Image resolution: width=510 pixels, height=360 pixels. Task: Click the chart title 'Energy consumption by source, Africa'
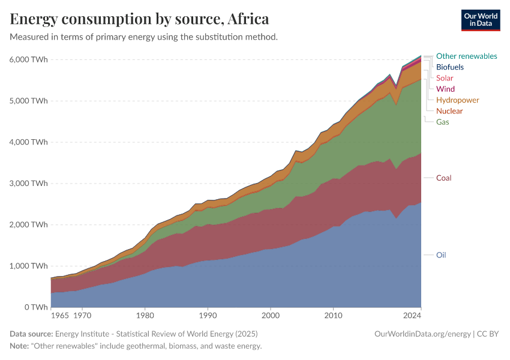[x=139, y=19]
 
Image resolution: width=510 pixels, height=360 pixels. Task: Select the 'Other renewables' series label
[x=466, y=56]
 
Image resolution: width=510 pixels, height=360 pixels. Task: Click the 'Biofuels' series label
[x=449, y=67]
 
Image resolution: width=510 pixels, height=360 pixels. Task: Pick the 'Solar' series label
[x=445, y=78]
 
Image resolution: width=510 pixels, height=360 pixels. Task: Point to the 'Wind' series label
[x=445, y=89]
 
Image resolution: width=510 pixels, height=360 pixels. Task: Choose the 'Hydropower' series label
[x=457, y=100]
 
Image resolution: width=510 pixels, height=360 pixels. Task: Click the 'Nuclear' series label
[x=449, y=111]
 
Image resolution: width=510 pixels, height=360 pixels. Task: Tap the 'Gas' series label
[x=442, y=122]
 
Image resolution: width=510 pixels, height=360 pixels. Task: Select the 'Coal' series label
[x=443, y=178]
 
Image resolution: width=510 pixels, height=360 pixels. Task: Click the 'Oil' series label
[x=441, y=255]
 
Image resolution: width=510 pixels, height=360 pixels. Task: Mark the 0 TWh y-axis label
[x=34, y=307]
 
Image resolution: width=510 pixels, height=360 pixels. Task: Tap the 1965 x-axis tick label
[x=59, y=314]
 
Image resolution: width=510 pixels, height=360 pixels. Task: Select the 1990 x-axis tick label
[x=208, y=314]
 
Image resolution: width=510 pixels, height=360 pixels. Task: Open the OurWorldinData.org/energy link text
[x=422, y=334]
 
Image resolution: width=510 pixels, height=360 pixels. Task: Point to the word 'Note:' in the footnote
[x=21, y=346]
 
